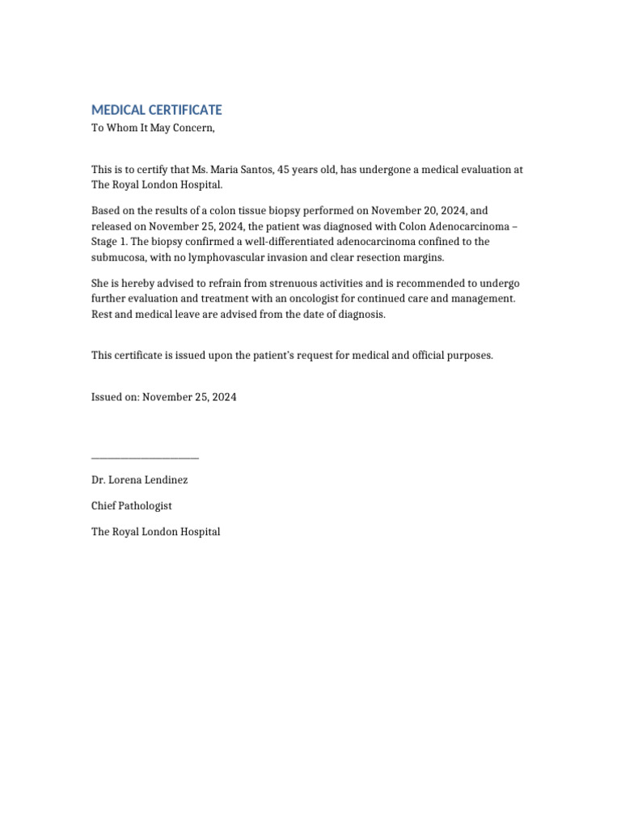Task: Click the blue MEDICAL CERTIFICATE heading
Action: pyautogui.click(x=156, y=110)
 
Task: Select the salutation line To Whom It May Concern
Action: pyautogui.click(x=154, y=128)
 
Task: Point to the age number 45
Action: pyautogui.click(x=284, y=170)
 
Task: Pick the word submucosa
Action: pyautogui.click(x=119, y=257)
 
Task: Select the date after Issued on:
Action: pyautogui.click(x=189, y=398)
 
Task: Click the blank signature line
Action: pyautogui.click(x=146, y=458)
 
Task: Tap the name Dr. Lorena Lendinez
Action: pyautogui.click(x=139, y=479)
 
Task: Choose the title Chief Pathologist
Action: pyautogui.click(x=131, y=506)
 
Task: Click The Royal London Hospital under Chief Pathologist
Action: pyautogui.click(x=155, y=532)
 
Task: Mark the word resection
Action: pyautogui.click(x=386, y=257)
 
